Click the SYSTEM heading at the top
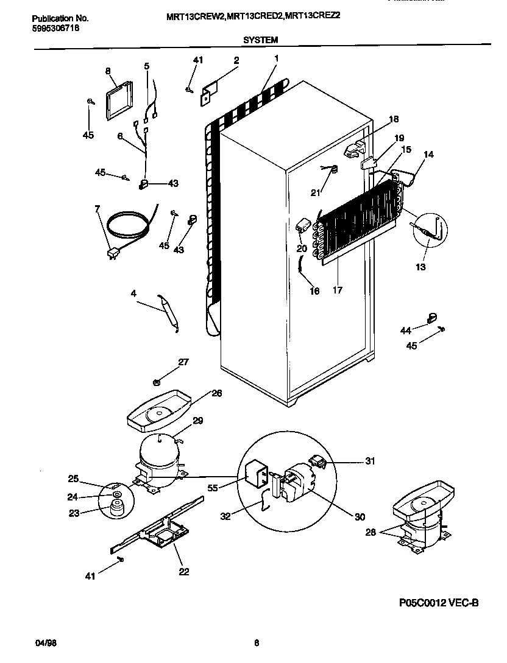(260, 40)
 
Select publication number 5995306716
(55, 28)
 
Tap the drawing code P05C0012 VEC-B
(439, 603)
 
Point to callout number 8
(108, 71)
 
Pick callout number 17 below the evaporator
(337, 290)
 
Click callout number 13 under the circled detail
(420, 267)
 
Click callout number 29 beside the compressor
(198, 421)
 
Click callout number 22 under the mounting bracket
(183, 571)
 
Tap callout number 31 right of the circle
(370, 460)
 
